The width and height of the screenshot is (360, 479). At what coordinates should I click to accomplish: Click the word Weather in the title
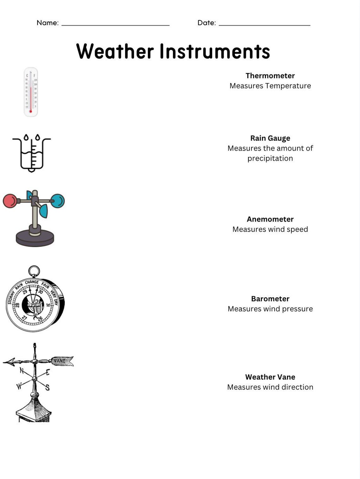click(115, 51)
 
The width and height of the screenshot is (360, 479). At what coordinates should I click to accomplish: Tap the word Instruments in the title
click(215, 51)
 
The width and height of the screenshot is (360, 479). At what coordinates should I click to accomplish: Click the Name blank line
click(115, 25)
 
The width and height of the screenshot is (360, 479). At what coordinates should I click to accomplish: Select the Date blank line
click(265, 25)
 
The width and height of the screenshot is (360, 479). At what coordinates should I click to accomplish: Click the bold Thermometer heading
click(270, 76)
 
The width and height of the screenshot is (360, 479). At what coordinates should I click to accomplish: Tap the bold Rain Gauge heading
click(270, 138)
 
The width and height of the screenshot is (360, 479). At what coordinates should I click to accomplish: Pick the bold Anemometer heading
click(270, 219)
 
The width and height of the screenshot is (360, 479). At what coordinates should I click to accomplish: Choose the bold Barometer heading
click(270, 299)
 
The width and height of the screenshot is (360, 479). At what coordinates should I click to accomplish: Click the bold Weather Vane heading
click(270, 377)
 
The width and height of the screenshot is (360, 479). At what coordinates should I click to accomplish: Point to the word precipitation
click(270, 158)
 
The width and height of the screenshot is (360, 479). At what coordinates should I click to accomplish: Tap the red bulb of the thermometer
click(31, 111)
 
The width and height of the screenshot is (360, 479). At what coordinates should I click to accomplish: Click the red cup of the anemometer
click(10, 201)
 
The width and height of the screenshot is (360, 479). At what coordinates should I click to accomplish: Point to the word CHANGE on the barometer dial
click(32, 282)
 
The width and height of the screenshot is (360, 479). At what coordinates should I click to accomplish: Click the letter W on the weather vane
click(19, 386)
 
